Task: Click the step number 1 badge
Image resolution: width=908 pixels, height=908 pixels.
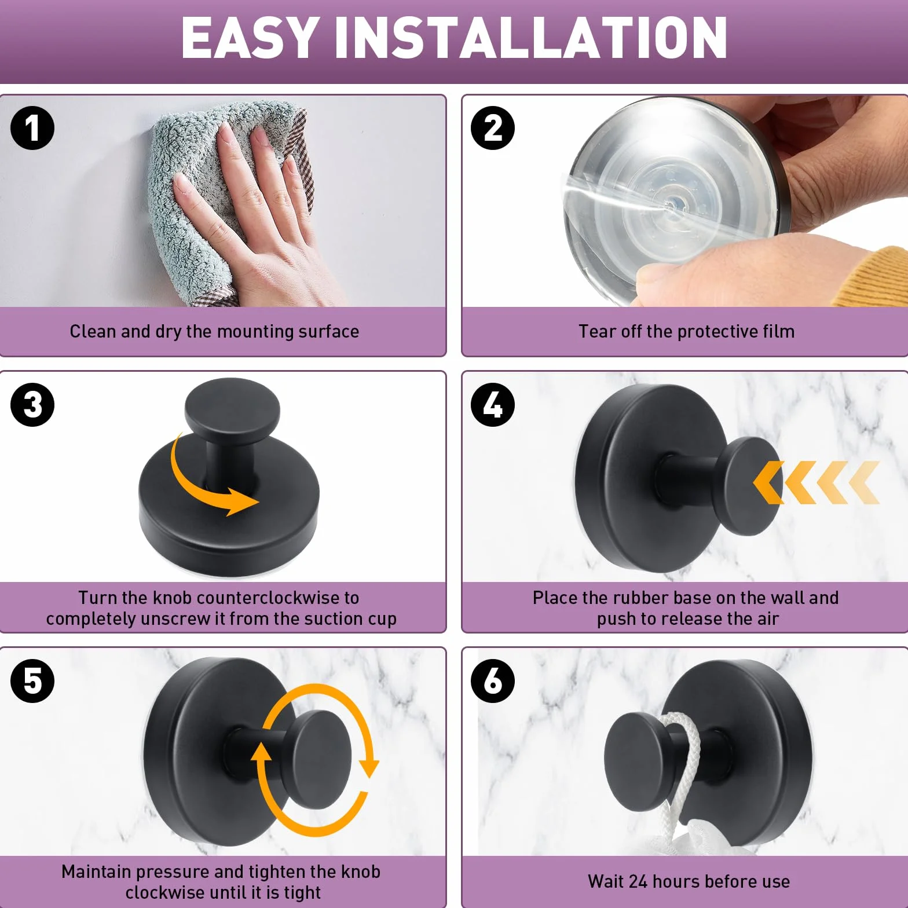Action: coord(32,128)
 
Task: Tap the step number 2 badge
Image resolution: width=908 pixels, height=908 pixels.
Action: coord(493,128)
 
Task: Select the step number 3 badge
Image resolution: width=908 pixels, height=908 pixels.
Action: coord(32,405)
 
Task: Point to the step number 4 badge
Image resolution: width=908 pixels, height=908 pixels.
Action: coord(493,405)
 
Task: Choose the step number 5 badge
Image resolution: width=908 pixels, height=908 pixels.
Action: coord(32,681)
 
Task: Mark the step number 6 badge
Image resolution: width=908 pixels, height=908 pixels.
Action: coord(493,681)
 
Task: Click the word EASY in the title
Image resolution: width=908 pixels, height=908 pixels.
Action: coord(251,38)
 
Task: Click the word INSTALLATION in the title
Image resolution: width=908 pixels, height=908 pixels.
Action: coord(531,38)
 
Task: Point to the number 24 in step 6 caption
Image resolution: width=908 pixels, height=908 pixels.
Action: coord(638,881)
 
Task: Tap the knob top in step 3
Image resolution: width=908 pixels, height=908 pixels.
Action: coord(232,406)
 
